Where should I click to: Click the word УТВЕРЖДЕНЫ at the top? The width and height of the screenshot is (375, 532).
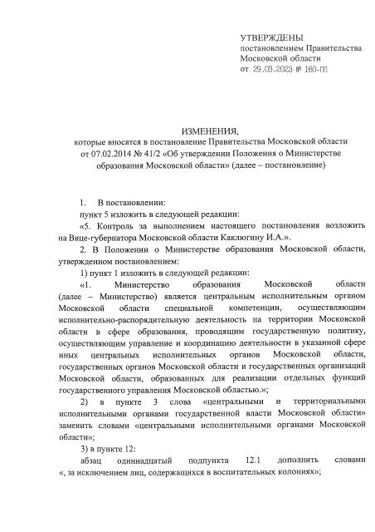click(x=270, y=38)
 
